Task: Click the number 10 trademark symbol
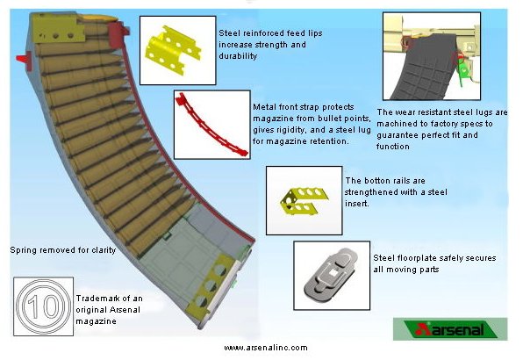tap(43, 306)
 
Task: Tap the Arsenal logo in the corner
tap(450, 329)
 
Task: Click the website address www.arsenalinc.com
tap(266, 348)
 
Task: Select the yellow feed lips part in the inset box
tap(173, 50)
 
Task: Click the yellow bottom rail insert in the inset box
tap(304, 200)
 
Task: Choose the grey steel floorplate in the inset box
tap(331, 272)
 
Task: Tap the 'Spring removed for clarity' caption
tap(63, 250)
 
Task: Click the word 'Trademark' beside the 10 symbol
tap(96, 299)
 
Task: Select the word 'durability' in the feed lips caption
tap(238, 56)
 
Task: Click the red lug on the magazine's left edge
tap(25, 61)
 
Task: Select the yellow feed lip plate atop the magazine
tap(59, 28)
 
